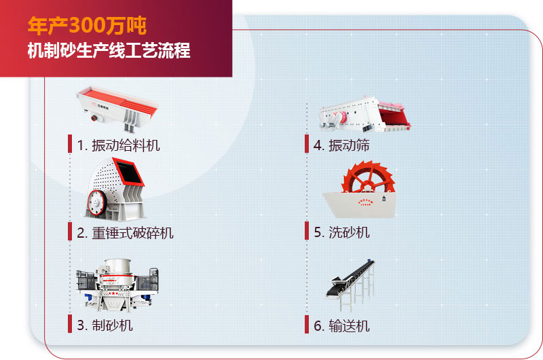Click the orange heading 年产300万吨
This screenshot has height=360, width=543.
coord(86,26)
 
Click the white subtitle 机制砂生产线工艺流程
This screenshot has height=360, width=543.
coord(109,50)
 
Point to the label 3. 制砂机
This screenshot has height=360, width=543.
coord(105,325)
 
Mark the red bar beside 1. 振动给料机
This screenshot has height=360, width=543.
coord(70,144)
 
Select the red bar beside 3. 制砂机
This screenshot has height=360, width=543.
coord(70,325)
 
